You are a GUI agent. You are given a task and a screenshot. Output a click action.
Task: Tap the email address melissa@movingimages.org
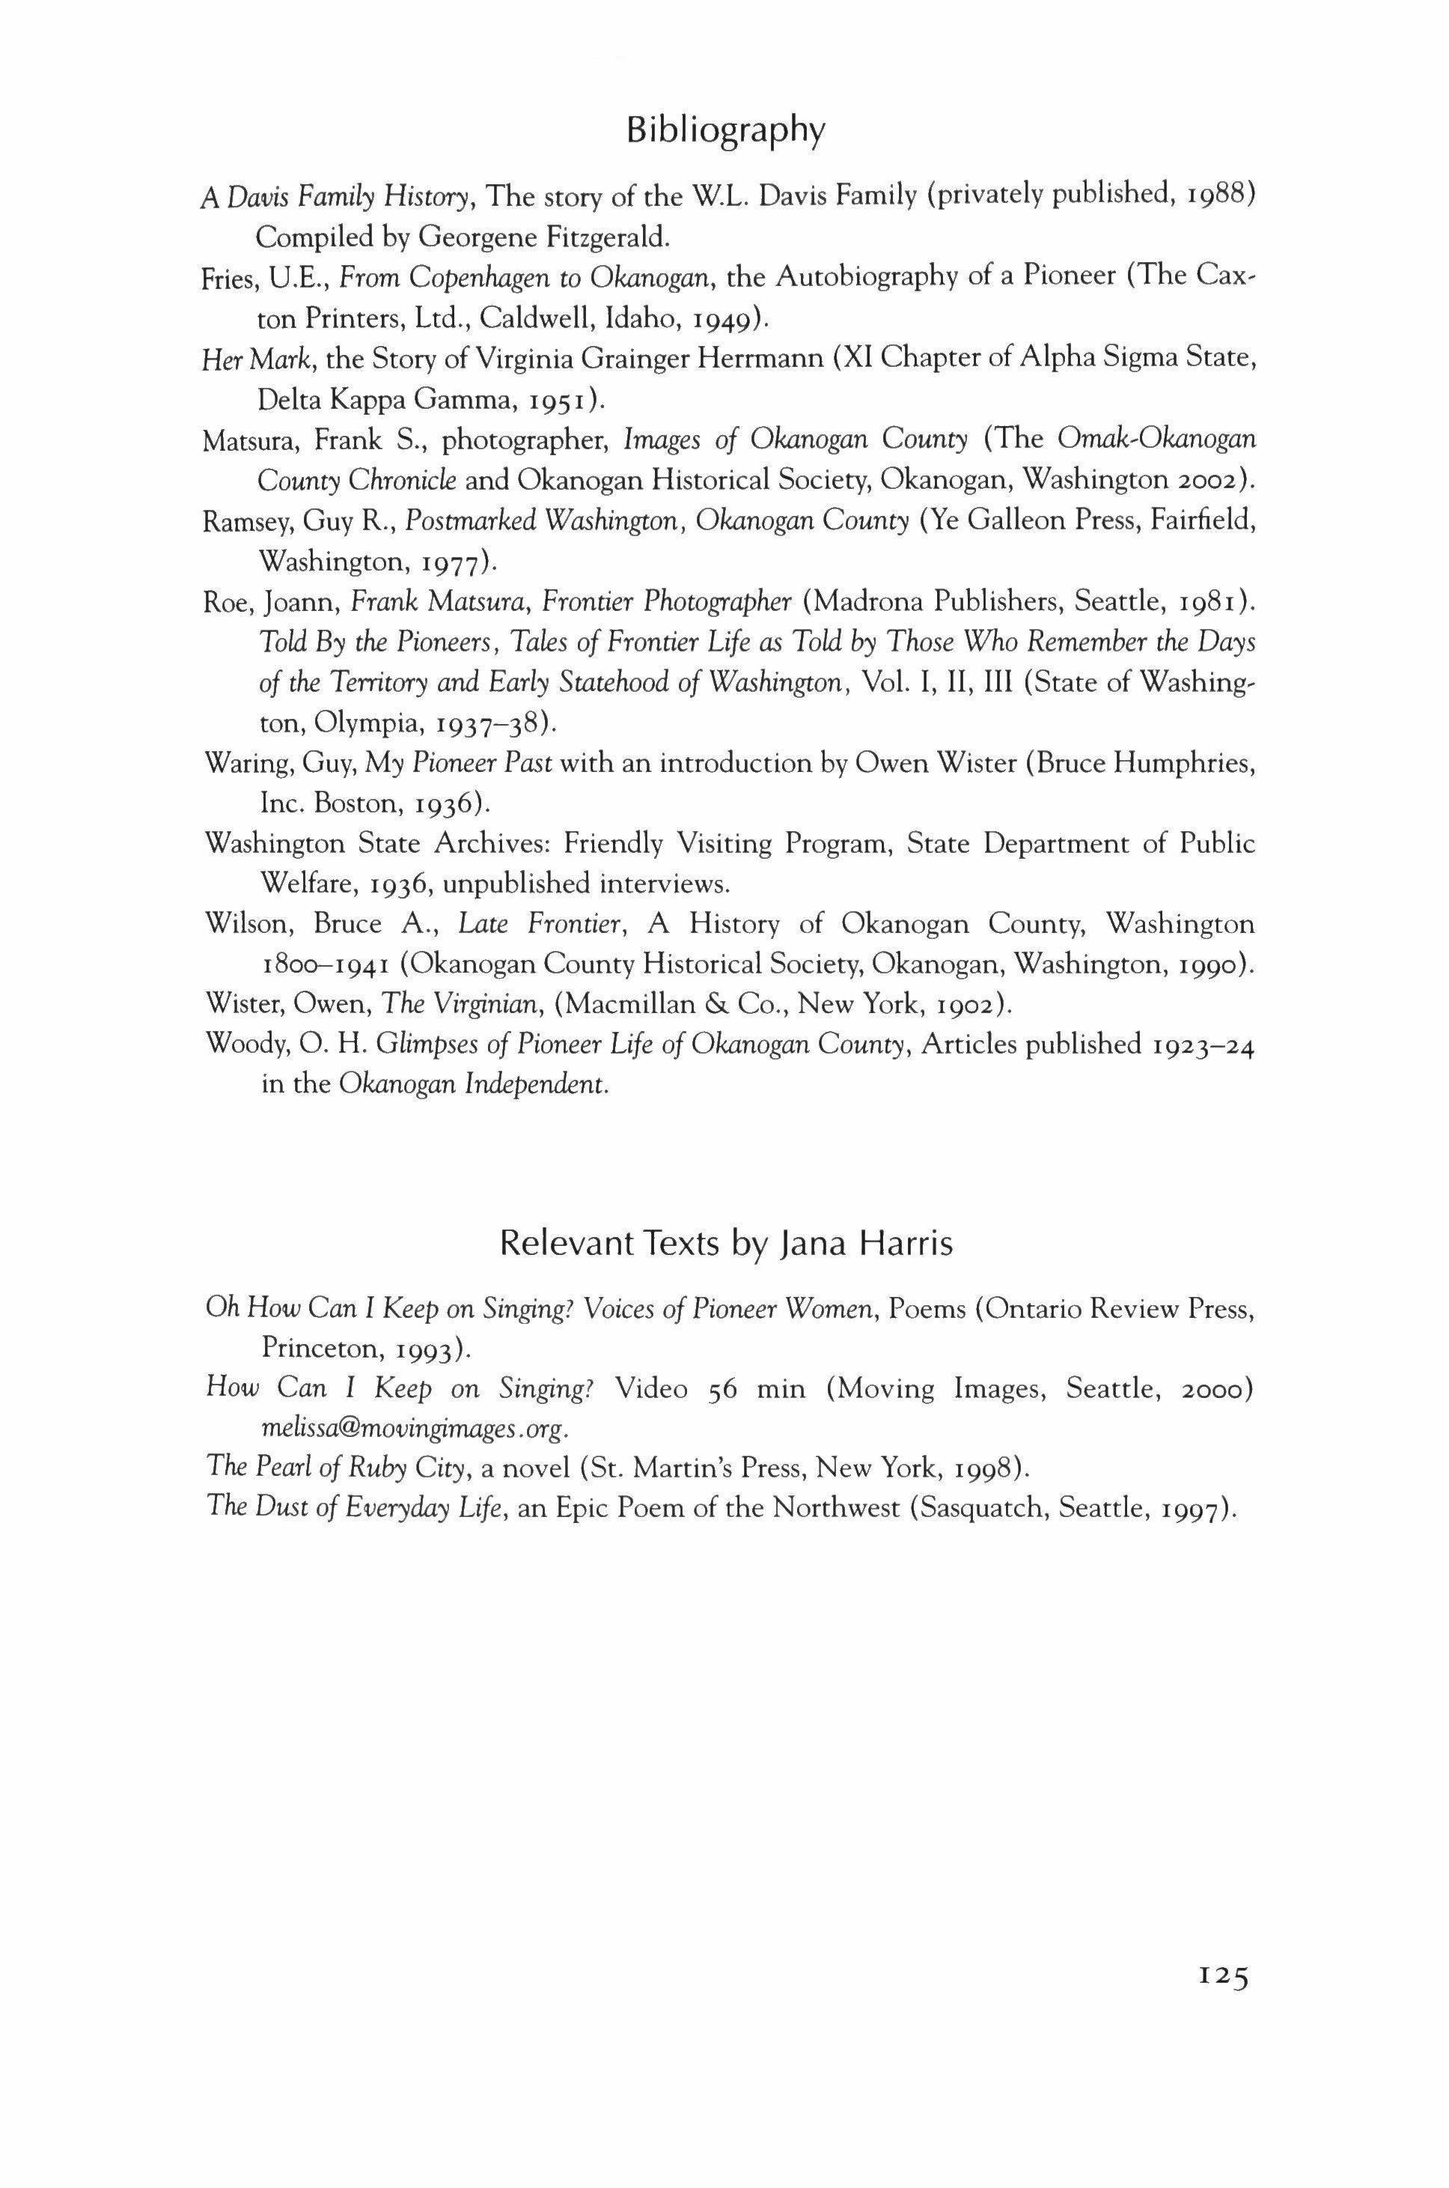tap(413, 1428)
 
